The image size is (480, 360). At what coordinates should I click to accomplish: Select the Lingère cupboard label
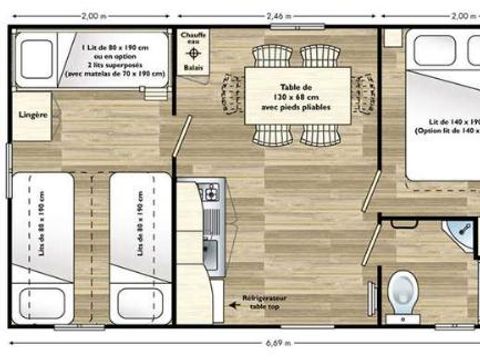(x=35, y=115)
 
